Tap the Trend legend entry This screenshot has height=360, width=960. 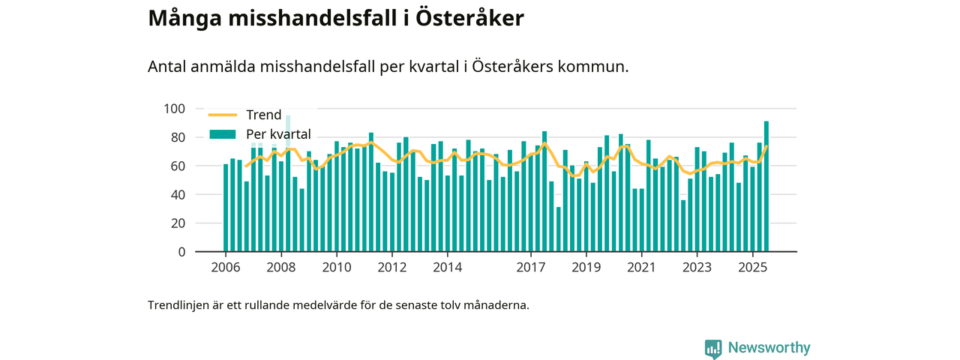[263, 115]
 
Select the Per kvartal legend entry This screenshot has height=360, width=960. [278, 134]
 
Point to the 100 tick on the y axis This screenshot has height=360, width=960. [174, 109]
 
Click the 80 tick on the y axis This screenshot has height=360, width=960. [177, 137]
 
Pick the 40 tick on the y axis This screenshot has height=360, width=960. [177, 194]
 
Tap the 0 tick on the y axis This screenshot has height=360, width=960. [181, 252]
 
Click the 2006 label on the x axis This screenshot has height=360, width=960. [226, 267]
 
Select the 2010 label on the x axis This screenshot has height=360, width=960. [337, 267]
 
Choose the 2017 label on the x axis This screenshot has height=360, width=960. [531, 267]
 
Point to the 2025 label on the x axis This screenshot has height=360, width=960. [752, 267]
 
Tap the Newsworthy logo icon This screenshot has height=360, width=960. [713, 348]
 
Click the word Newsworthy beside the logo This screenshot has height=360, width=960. [769, 348]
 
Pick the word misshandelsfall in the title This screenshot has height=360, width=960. [310, 19]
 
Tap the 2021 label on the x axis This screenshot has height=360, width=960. [641, 267]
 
